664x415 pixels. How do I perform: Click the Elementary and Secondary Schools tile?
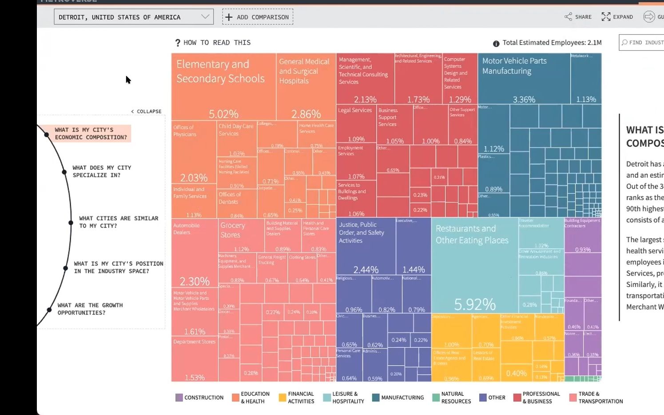[x=223, y=87]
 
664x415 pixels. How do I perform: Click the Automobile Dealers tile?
[x=194, y=253]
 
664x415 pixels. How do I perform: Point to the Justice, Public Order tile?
[x=366, y=247]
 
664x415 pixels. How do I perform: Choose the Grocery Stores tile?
[x=241, y=235]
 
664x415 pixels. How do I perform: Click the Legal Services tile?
[x=356, y=124]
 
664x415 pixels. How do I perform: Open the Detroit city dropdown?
[x=133, y=17]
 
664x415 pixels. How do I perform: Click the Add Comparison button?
[x=258, y=17]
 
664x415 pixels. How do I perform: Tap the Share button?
[x=578, y=17]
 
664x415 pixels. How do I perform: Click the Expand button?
[x=617, y=17]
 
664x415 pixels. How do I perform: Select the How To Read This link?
[x=213, y=43]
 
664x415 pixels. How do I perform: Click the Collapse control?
[x=147, y=112]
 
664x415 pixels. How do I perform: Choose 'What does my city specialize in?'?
[x=102, y=172]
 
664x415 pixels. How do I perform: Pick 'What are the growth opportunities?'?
[x=90, y=309]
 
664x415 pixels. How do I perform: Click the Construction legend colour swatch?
[x=179, y=398]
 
